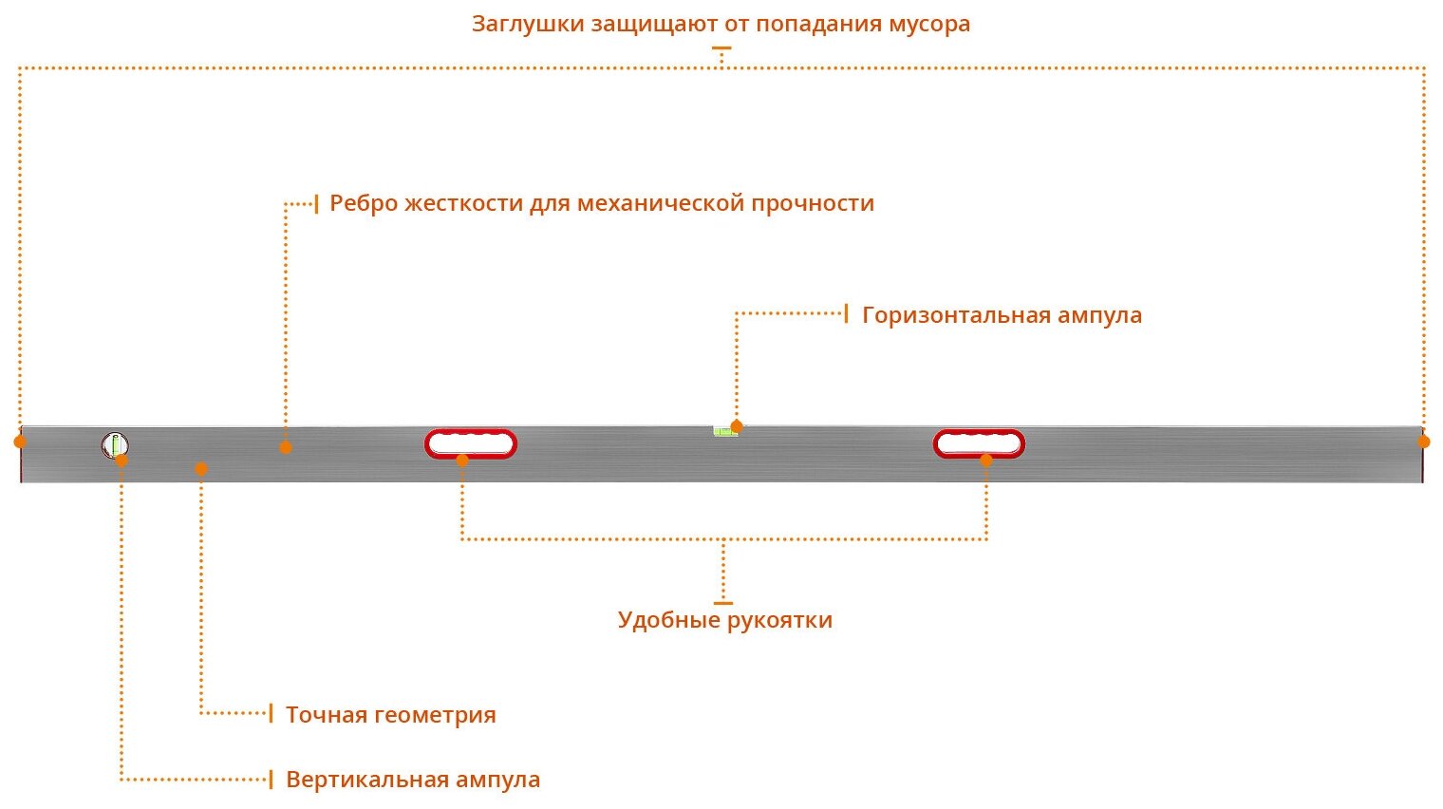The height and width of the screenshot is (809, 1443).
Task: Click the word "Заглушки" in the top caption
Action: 528,24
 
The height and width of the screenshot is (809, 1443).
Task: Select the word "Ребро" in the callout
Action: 364,203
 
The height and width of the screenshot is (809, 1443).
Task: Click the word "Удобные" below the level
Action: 668,621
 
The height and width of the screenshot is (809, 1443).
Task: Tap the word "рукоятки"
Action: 779,621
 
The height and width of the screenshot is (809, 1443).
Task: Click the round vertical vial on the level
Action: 115,444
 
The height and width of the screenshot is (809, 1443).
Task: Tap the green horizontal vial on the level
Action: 724,431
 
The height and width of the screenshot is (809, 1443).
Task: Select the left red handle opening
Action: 471,443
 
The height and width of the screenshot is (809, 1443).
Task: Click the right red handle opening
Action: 979,443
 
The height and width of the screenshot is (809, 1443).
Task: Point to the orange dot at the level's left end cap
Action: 20,442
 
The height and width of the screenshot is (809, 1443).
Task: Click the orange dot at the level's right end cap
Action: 1423,442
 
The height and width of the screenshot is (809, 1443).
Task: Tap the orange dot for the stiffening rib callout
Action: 286,447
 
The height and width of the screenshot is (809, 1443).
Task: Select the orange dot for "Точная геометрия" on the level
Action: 201,468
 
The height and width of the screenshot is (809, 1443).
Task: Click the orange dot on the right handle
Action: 986,461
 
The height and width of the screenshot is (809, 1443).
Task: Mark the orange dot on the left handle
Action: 462,461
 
